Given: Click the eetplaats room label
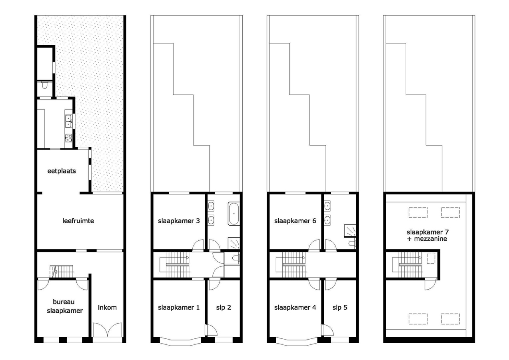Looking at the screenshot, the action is [x=62, y=171].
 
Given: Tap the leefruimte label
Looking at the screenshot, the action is [x=78, y=221].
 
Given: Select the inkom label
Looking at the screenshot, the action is [x=107, y=308].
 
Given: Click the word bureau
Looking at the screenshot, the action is [x=64, y=302].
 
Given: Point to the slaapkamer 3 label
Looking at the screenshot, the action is [x=179, y=221].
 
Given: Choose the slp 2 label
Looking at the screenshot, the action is [x=224, y=308].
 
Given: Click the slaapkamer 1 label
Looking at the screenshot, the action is [x=179, y=308].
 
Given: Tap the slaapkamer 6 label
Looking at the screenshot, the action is [x=295, y=221].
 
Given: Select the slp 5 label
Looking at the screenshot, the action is [x=340, y=308].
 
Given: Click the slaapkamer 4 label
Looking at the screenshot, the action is [x=295, y=308].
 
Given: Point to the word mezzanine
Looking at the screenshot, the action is [x=431, y=239].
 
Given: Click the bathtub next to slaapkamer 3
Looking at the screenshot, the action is [x=234, y=214].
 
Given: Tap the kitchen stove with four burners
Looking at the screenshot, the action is [x=68, y=138].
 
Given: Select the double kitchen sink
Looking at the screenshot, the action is [x=69, y=121].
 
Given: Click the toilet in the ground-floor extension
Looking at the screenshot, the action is [x=44, y=85].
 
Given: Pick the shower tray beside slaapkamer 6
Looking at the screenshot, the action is [x=350, y=230].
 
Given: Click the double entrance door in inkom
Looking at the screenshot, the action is [x=108, y=330].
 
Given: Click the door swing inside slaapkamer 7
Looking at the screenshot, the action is [x=430, y=284].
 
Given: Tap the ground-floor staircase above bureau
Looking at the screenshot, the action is [x=62, y=271].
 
